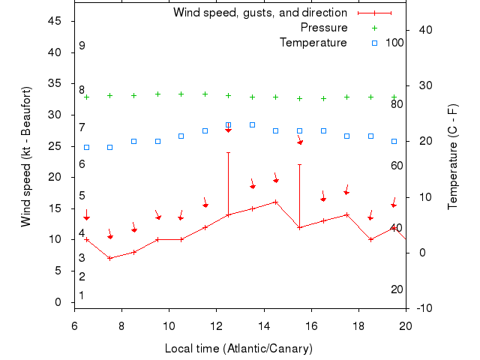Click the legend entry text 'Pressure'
tap(323, 28)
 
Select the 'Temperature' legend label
tap(313, 43)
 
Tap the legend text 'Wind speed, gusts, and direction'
tap(259, 13)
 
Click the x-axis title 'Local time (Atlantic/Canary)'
tap(238, 349)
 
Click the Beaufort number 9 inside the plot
tap(82, 46)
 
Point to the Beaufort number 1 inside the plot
tap(82, 295)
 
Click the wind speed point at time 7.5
tap(110, 258)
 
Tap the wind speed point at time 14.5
tap(276, 202)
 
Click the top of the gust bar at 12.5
tap(228, 152)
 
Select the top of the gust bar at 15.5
tap(299, 165)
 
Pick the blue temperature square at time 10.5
tap(181, 136)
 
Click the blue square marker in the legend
tap(374, 43)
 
